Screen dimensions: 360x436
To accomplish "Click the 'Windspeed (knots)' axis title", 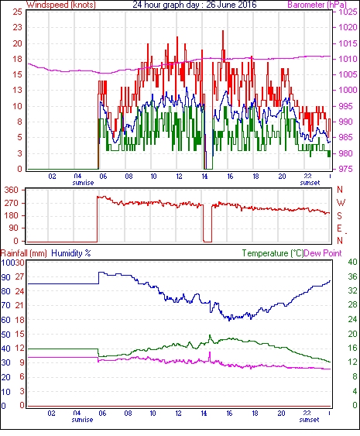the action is tap(61, 5).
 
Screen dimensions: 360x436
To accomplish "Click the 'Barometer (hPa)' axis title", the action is tap(317, 5).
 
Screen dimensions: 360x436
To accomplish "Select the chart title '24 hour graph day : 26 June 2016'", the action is tap(194, 5).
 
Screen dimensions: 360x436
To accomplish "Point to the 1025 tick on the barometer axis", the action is tap(348, 12).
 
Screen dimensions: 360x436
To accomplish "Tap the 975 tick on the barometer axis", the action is tap(347, 169).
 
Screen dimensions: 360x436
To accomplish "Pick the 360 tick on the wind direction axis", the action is tap(11, 191).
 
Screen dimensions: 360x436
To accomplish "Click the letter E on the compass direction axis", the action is tap(339, 228).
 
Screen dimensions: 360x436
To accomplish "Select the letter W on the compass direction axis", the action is tap(341, 202).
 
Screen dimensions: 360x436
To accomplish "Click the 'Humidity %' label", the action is tap(71, 253).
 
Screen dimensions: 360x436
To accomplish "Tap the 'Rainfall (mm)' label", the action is tap(24, 253).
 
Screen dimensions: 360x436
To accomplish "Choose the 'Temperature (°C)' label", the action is tap(273, 253).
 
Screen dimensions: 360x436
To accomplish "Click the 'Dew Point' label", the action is tap(323, 253).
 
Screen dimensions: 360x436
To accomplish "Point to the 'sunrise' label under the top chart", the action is tap(83, 183).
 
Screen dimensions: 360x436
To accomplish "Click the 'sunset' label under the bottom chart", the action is tap(309, 419).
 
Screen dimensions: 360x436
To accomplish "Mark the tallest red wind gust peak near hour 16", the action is tap(223, 30).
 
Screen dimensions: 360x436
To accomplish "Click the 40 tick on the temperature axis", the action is tap(352, 262).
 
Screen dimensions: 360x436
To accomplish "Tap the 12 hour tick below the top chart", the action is tap(179, 177).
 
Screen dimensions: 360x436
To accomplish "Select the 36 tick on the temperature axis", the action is tap(352, 276).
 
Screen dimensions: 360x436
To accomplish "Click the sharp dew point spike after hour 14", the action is tap(210, 352).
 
